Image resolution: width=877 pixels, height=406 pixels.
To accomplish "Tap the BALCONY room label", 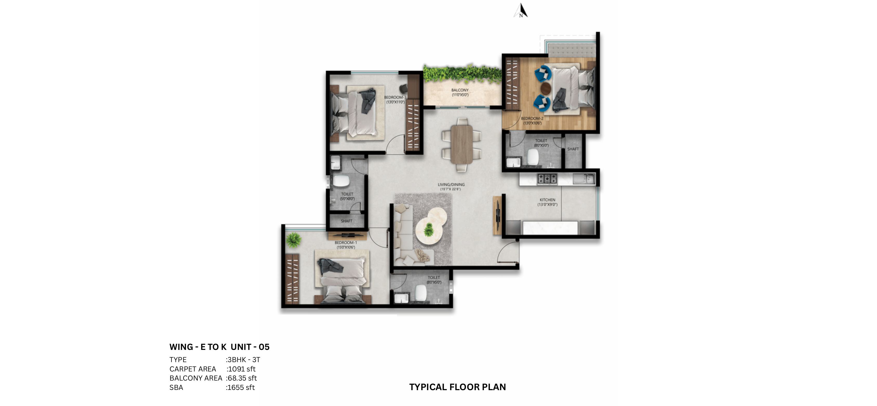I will click(x=460, y=92).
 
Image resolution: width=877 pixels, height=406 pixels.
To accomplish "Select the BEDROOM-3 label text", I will click(x=395, y=99).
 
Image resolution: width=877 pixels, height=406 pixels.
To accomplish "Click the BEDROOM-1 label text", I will click(x=346, y=245).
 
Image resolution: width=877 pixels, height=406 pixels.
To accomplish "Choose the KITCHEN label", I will click(x=547, y=202).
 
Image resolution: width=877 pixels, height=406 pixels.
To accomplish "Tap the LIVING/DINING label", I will click(x=451, y=187).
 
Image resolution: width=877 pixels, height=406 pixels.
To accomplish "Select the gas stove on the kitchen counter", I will click(x=547, y=179).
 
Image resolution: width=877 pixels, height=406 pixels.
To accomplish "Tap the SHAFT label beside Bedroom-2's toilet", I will click(x=573, y=149).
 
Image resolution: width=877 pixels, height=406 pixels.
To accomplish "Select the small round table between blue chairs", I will click(x=545, y=88).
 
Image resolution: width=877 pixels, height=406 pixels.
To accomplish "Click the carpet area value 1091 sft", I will click(x=241, y=369).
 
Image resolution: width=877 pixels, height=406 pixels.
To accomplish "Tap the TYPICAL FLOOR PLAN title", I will click(x=457, y=387).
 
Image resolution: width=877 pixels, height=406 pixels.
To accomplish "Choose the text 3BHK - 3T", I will click(x=243, y=360).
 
